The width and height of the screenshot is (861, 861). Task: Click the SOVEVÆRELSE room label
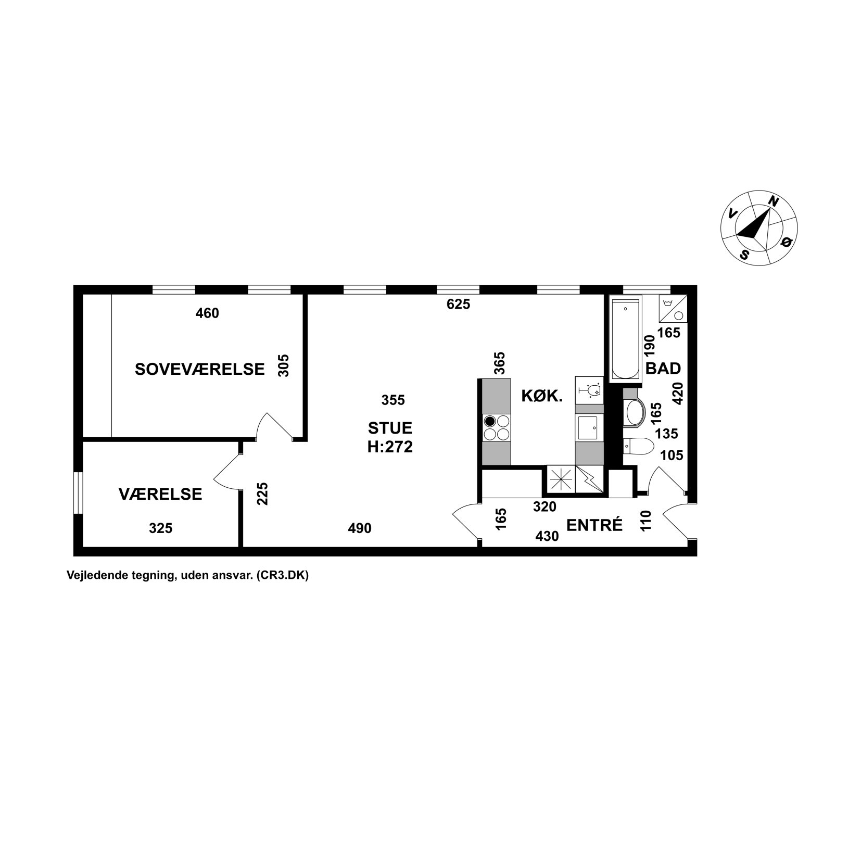pos(200,369)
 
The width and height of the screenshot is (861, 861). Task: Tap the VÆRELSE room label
pos(160,494)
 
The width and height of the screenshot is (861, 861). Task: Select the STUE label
pos(390,428)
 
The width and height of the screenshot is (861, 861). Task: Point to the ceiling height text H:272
pos(390,447)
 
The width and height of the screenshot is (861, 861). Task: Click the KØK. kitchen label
pos(542,397)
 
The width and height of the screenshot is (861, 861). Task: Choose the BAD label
pos(663,369)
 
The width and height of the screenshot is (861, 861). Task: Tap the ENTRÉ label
pos(594,525)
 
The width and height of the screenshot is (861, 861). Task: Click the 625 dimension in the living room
pos(459,305)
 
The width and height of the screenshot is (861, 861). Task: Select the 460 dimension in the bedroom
pos(207,313)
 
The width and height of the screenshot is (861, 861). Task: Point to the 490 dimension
pos(360,528)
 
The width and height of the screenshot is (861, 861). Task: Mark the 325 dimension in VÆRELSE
pos(160,528)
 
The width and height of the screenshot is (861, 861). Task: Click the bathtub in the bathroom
pos(625,338)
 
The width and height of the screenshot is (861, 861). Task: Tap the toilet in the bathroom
pos(638,447)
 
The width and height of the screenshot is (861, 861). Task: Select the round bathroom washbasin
pos(634,413)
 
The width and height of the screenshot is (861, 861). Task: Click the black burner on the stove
pos(490,421)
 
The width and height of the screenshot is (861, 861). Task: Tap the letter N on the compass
pos(774,201)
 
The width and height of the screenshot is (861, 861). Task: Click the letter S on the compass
pos(745,255)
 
